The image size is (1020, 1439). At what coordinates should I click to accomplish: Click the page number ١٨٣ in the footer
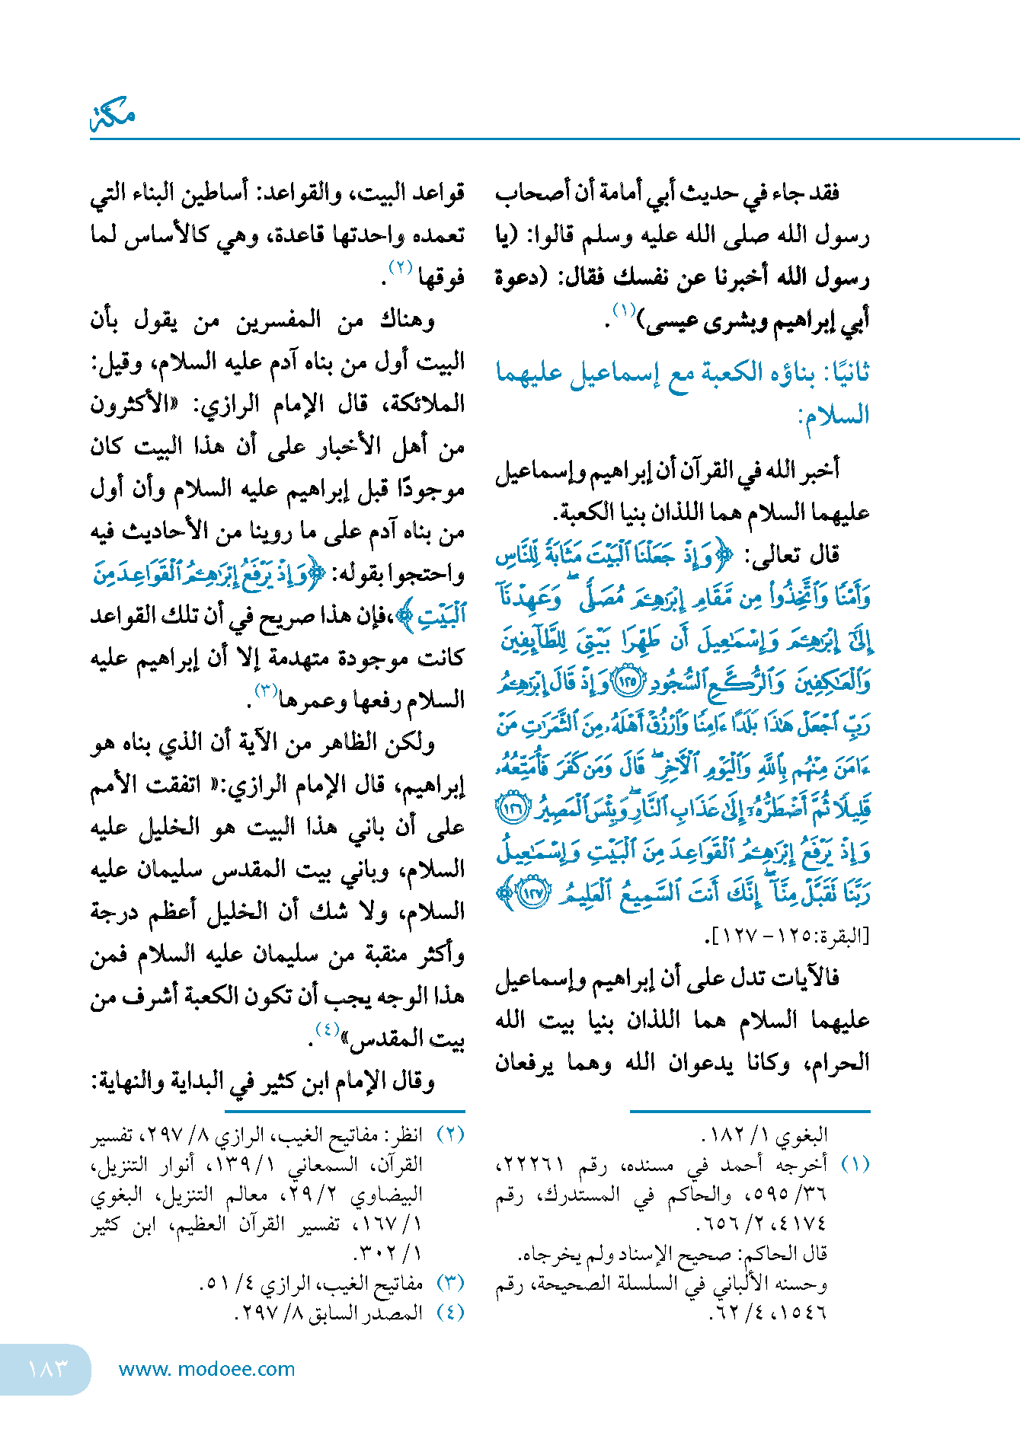click(x=47, y=1368)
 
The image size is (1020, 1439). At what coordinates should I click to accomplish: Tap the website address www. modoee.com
click(x=206, y=1369)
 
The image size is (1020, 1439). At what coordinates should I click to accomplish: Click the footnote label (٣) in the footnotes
click(x=450, y=1282)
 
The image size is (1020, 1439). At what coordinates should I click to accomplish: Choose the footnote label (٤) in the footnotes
click(x=450, y=1312)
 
